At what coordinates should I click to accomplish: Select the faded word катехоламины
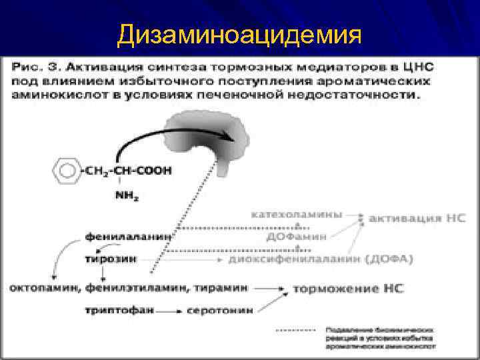297,215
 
